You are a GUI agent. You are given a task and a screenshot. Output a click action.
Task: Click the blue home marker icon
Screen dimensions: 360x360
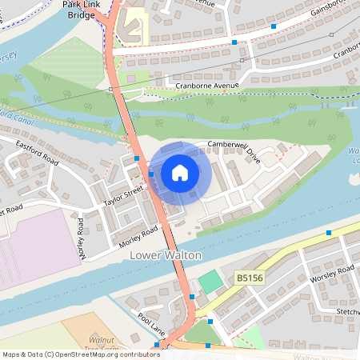(180, 172)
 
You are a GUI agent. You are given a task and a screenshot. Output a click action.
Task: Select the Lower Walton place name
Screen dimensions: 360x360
(165, 255)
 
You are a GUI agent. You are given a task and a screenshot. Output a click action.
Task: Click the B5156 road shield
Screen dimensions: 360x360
(250, 278)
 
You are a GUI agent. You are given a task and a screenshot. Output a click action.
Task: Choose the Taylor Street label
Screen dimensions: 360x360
(122, 197)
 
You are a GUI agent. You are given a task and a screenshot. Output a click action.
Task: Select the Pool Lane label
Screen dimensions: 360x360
(150, 322)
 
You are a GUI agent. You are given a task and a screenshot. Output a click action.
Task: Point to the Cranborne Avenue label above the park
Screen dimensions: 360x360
(207, 85)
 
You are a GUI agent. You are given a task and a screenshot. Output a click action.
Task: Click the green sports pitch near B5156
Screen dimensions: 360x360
(208, 282)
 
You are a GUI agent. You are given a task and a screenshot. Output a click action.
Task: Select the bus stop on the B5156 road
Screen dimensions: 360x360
(328, 233)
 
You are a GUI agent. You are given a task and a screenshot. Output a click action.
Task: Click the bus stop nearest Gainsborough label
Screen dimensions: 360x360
(274, 26)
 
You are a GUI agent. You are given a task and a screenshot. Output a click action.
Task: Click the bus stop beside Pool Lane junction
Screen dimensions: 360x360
(192, 297)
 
